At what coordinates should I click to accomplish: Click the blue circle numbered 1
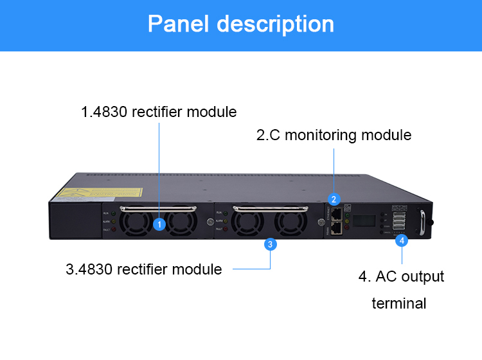160,224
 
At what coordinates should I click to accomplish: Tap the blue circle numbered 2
334,199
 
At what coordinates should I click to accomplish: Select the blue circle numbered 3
271,244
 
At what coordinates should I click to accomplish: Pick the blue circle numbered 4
402,240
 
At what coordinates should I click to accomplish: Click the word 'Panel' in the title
178,24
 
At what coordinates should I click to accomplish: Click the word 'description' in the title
276,24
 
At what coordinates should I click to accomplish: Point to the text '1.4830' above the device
103,112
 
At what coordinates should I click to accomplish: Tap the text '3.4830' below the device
89,269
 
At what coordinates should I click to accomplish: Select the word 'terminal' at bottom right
398,303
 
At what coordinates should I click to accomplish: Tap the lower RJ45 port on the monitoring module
336,228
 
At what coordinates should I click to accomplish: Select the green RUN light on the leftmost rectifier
114,213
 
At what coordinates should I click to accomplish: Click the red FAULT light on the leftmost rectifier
114,229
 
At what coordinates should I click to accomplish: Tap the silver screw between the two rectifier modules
210,222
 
